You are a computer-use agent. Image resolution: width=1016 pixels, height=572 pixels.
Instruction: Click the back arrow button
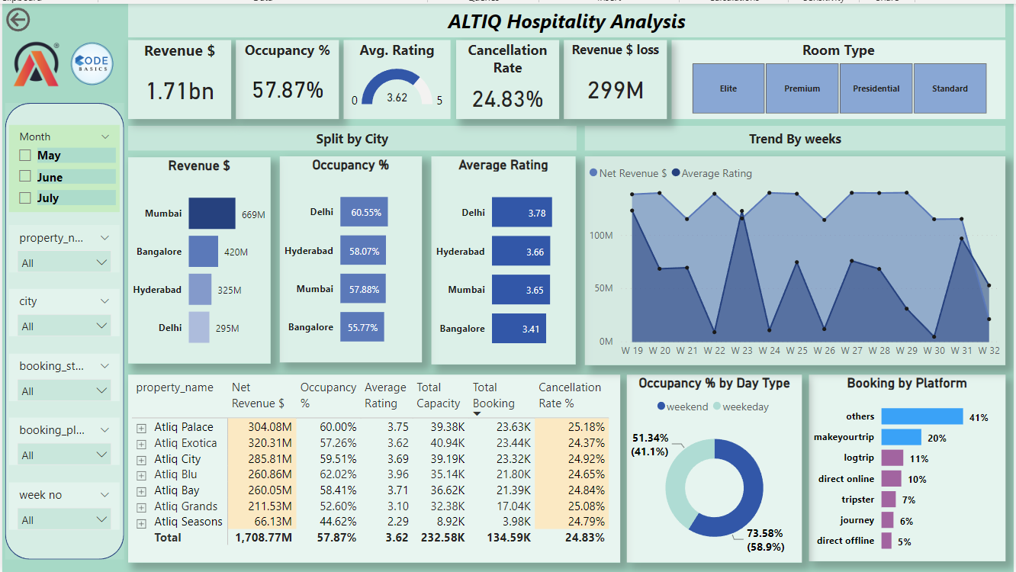point(18,20)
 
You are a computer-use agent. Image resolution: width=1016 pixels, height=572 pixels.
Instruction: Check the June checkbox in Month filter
point(25,177)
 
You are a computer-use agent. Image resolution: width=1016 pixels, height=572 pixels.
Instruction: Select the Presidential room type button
point(876,88)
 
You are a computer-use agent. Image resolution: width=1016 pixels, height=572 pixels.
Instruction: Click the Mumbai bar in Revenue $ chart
point(212,214)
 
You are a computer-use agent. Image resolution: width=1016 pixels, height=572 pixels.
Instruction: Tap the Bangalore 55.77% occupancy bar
point(362,327)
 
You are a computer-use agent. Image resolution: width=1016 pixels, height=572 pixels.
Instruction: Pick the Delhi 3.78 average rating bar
point(522,213)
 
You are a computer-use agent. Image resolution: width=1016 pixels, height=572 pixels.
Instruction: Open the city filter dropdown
point(64,326)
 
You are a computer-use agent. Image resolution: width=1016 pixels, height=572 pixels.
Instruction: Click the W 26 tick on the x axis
point(825,351)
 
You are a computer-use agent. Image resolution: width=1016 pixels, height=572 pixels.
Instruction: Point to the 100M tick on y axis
point(601,236)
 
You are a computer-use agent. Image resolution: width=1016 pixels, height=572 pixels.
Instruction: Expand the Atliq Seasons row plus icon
point(141,522)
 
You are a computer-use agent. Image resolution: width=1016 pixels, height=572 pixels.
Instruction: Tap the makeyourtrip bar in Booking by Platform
point(902,437)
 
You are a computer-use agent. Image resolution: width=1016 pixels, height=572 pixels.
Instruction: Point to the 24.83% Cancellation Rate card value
point(507,99)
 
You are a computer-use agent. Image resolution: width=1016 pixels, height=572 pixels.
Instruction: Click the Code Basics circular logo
point(92,64)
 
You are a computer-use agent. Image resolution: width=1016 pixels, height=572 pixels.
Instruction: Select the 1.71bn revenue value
point(180,92)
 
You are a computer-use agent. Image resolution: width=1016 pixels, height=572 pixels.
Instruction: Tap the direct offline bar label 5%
point(904,541)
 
